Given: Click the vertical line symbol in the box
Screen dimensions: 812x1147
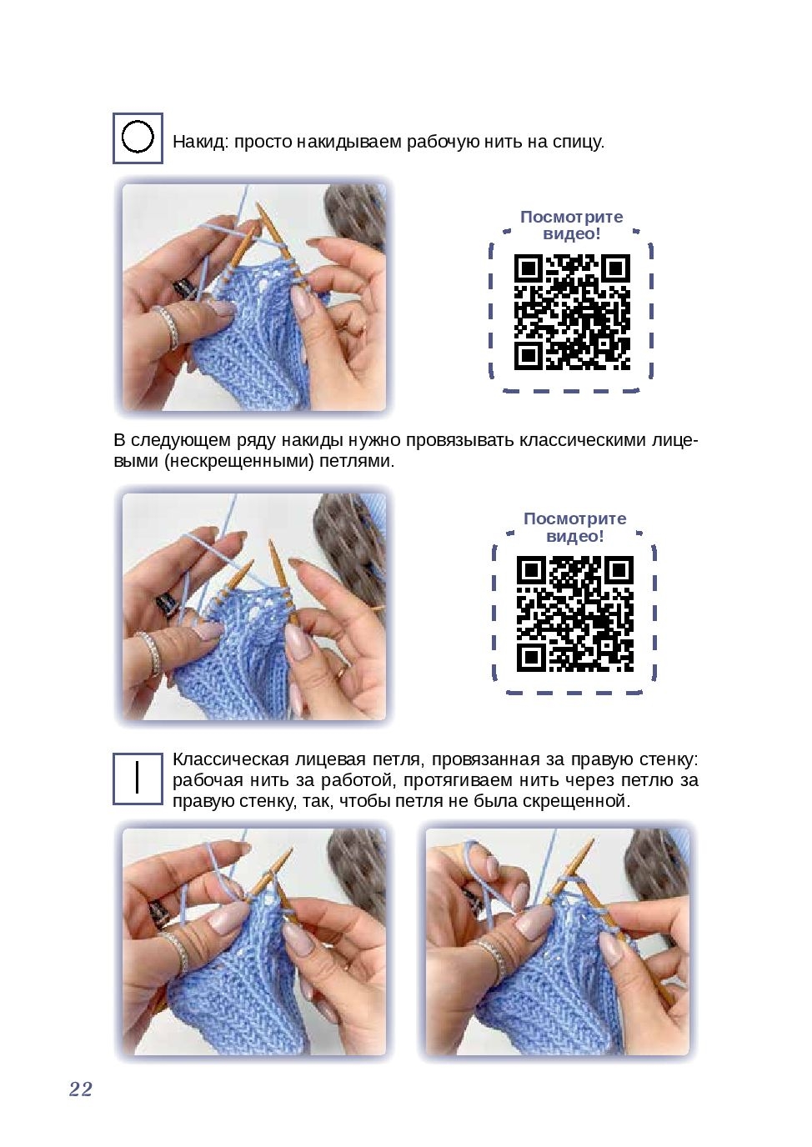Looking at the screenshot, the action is tap(138, 778).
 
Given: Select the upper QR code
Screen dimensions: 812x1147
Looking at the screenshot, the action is tap(572, 312).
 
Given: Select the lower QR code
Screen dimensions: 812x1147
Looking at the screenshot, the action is tap(575, 614).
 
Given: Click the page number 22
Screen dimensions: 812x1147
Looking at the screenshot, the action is tap(80, 1089).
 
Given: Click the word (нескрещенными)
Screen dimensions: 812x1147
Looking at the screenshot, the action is tap(239, 461).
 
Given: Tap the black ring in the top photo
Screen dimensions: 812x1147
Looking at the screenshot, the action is tap(183, 290).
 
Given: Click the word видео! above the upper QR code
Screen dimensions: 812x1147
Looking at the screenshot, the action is tap(571, 234).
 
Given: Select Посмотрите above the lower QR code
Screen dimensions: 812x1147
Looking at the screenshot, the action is tap(575, 518).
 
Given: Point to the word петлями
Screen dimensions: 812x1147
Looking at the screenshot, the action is tap(358, 461).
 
